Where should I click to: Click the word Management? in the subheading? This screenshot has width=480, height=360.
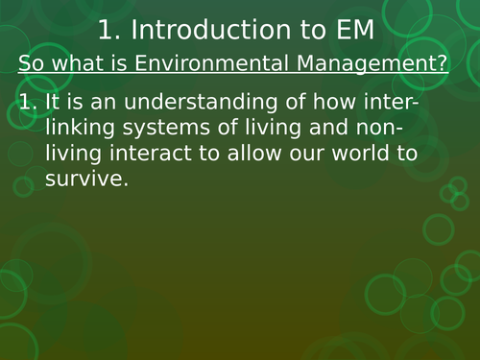[378, 65]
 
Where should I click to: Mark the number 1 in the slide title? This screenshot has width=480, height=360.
[107, 31]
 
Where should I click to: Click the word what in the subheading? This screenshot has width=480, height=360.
[77, 65]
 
